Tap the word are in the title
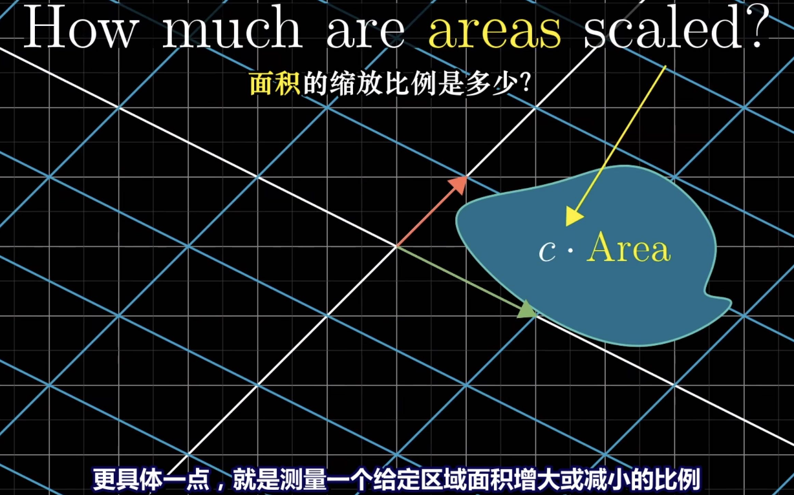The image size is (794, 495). [x=366, y=32]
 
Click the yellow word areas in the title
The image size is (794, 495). [x=495, y=32]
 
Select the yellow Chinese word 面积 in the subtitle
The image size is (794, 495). [x=275, y=83]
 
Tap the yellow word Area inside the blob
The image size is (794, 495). [x=628, y=247]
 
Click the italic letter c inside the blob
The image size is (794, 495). [x=547, y=252]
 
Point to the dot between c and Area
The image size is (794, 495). [x=570, y=250]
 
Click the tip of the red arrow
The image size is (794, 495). [x=467, y=176]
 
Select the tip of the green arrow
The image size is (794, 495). [x=537, y=314]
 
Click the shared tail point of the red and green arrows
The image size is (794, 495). [x=396, y=246]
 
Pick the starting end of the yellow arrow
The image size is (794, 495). [x=666, y=65]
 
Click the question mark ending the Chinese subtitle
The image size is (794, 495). [x=526, y=83]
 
